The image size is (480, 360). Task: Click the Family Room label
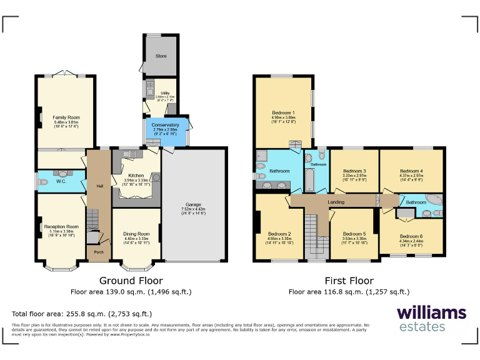point(66,117)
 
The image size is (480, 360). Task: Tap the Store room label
point(161,56)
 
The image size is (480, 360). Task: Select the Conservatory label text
point(166,125)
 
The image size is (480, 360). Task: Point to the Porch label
point(99,252)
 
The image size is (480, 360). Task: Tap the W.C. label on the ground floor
point(61,182)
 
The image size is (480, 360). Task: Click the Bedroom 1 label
point(283,112)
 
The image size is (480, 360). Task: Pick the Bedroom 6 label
point(411,236)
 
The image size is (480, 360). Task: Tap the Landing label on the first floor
point(336,202)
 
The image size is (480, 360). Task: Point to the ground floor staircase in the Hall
point(92,219)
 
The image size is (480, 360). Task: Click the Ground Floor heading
point(131,281)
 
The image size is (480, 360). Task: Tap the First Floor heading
point(349,281)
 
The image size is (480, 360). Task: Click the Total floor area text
point(82,314)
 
